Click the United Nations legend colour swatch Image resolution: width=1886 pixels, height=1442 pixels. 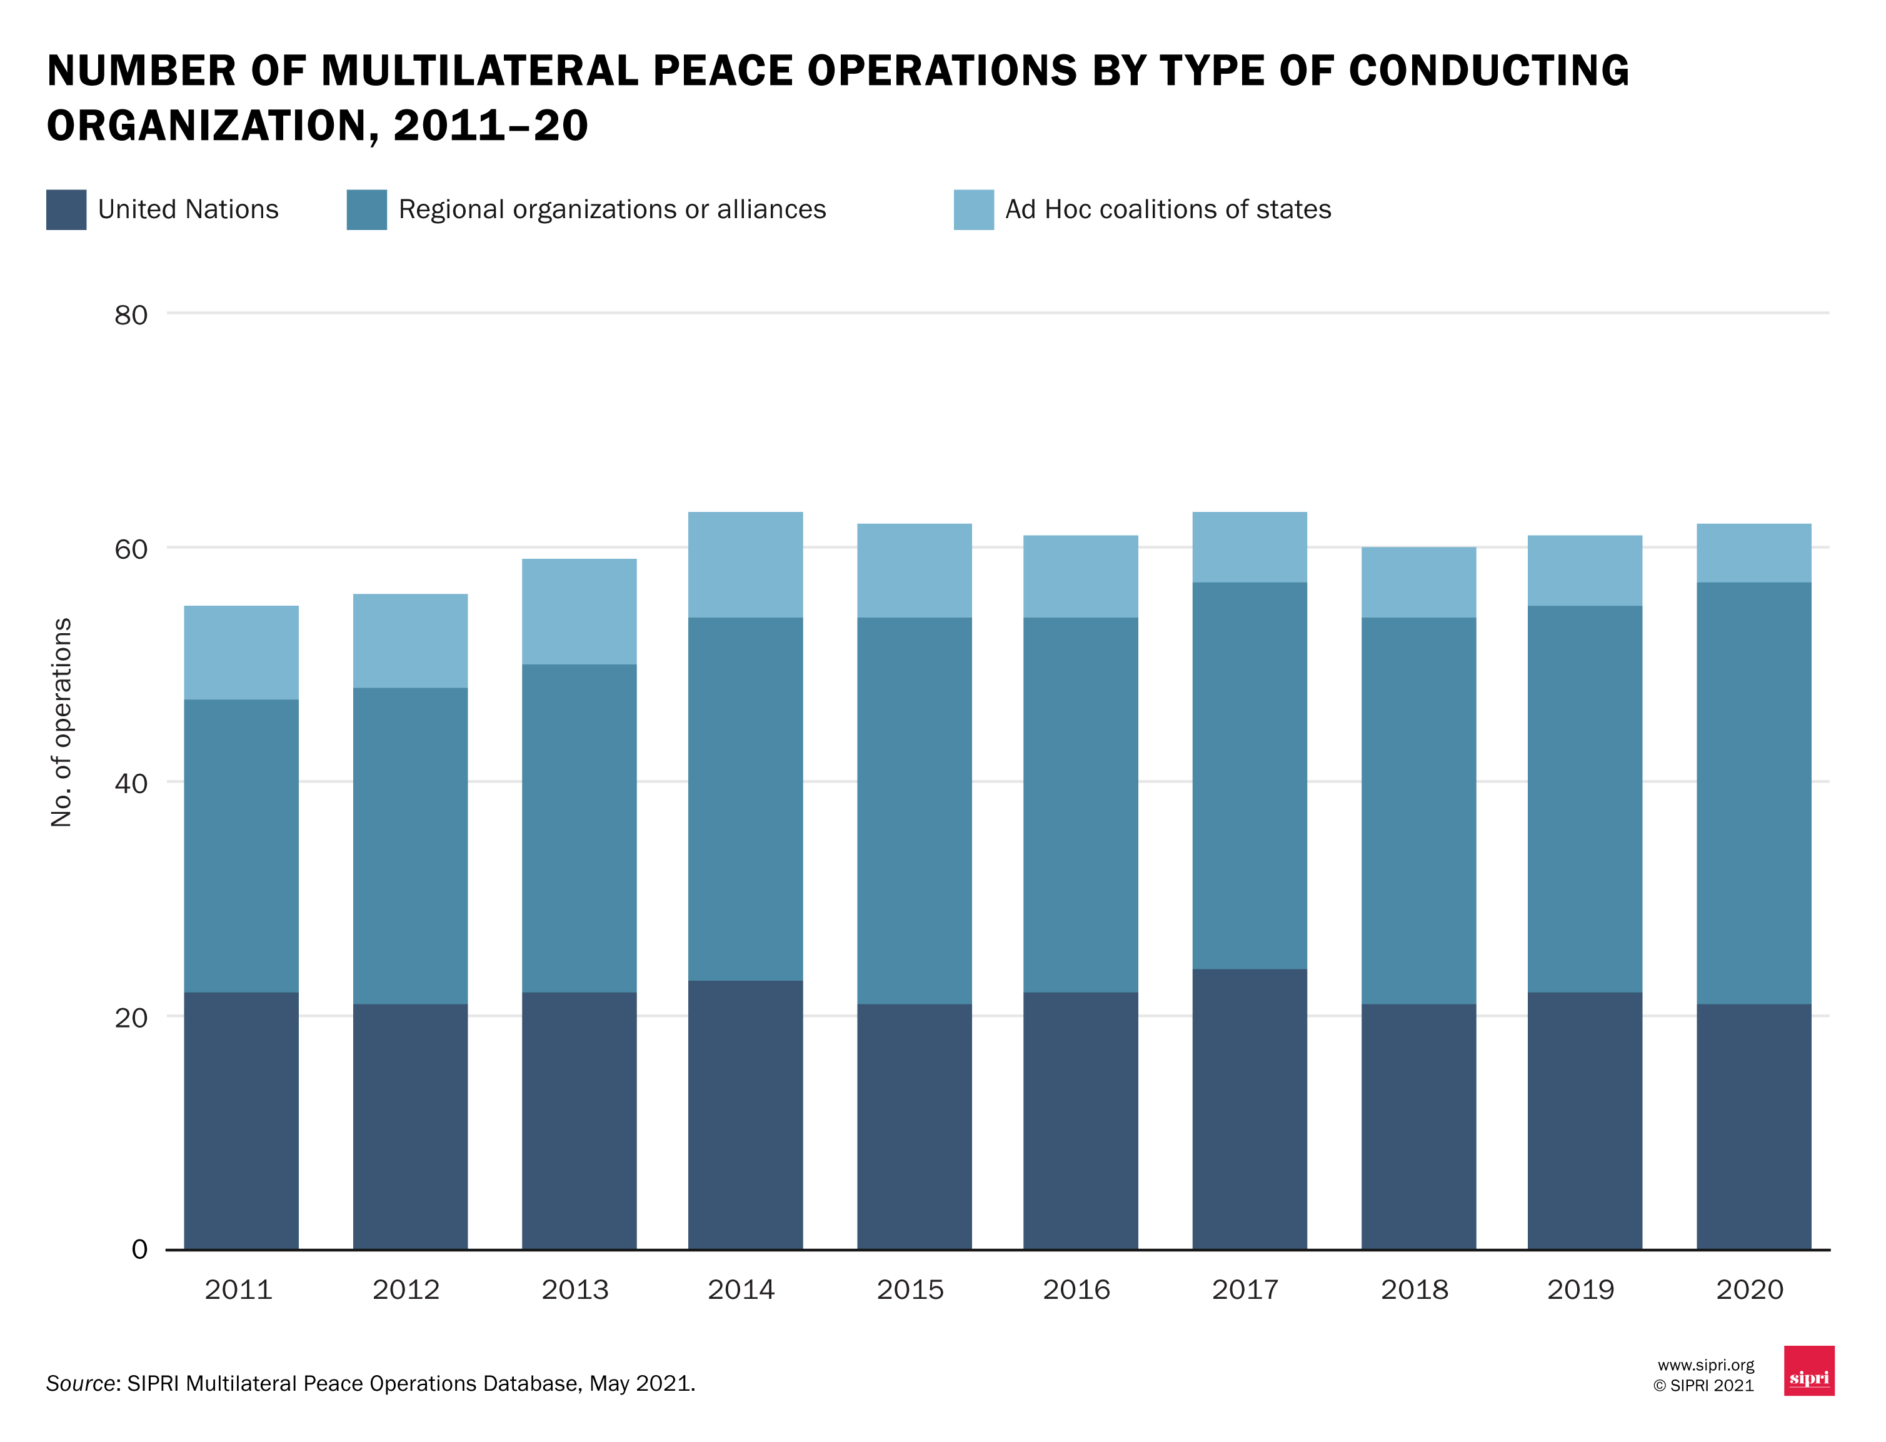pyautogui.click(x=66, y=209)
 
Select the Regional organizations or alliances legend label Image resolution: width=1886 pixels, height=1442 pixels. pyautogui.click(x=611, y=209)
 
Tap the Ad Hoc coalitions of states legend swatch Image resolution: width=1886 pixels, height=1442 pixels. pyautogui.click(x=973, y=209)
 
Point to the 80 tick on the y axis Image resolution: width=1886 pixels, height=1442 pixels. pyautogui.click(x=131, y=315)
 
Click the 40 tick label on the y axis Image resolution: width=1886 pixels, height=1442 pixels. pyautogui.click(x=131, y=783)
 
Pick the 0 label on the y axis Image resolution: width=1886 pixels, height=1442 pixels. pyautogui.click(x=139, y=1249)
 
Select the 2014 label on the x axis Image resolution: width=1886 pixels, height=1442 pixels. pyautogui.click(x=740, y=1289)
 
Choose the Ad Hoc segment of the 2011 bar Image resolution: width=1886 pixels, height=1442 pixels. pyautogui.click(x=241, y=653)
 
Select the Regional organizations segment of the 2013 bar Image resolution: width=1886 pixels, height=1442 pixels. pyautogui.click(x=579, y=828)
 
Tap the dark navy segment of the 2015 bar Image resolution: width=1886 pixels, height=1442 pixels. pyautogui.click(x=913, y=1126)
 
